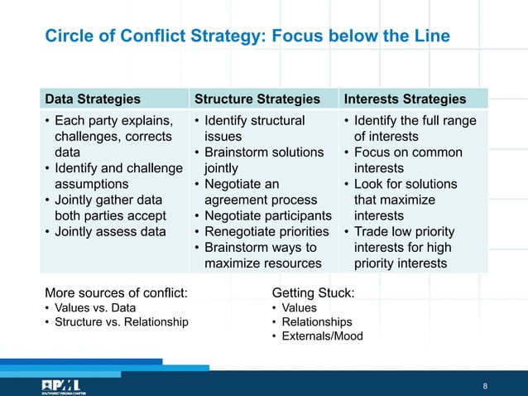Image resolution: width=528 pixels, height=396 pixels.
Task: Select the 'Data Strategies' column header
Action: (92, 99)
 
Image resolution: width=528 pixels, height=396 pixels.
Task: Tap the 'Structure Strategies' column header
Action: (257, 99)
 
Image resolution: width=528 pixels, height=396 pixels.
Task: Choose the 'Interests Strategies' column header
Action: (405, 99)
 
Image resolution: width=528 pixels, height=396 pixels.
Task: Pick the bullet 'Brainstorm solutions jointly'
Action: (262, 160)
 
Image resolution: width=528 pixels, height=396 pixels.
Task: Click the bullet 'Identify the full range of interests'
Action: (415, 128)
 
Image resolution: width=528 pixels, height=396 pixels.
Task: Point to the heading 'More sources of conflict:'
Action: (116, 292)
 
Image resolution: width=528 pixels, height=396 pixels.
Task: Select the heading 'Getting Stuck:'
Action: (313, 292)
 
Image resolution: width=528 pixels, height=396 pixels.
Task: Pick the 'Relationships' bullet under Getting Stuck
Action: (317, 321)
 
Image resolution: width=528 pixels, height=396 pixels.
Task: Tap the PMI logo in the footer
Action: (59, 385)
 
